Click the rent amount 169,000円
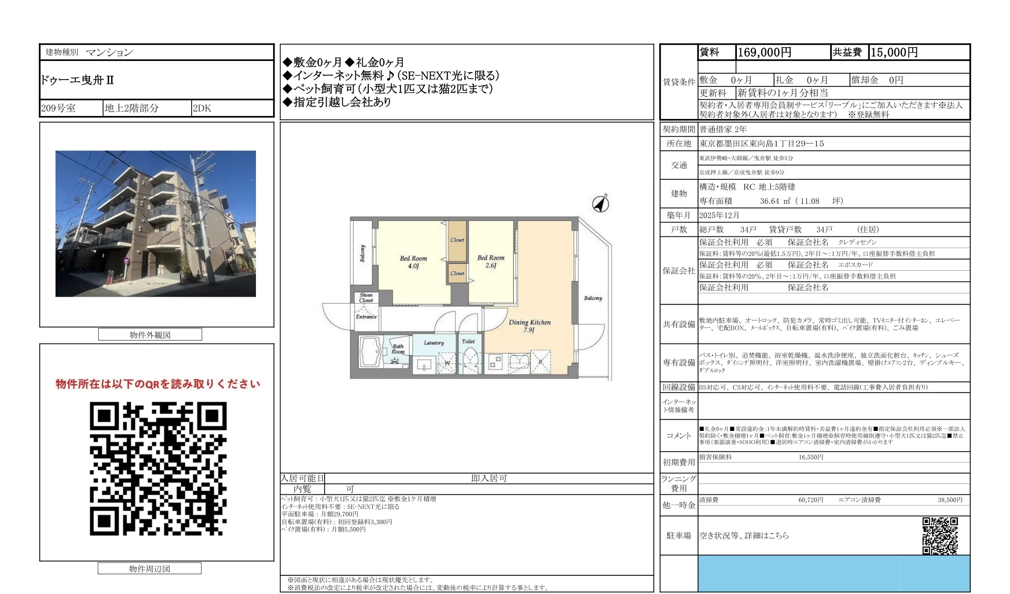pos(764,53)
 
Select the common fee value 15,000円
pos(894,53)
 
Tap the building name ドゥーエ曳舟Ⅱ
pos(78,80)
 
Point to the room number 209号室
pos(58,108)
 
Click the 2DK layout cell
pos(202,108)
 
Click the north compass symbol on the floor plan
pos(601,203)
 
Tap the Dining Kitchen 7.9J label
pos(530,326)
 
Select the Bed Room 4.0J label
pos(413,262)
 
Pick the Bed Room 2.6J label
pos(491,261)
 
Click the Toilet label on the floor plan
pos(468,341)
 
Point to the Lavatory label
pos(434,343)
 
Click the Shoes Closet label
pos(366,298)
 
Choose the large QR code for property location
pos(158,468)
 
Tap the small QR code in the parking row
pos(940,536)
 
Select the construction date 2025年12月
pos(719,215)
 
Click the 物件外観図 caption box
pos(150,335)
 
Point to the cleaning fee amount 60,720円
pos(811,500)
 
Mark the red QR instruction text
pos(158,384)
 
